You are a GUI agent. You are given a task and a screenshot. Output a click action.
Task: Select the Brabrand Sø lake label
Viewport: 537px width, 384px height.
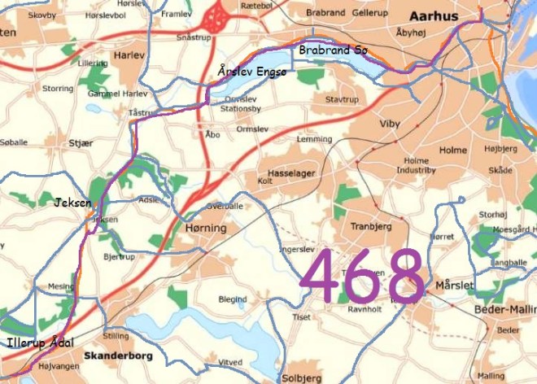click(334, 51)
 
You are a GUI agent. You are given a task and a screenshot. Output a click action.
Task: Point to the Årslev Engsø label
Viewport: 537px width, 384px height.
click(252, 73)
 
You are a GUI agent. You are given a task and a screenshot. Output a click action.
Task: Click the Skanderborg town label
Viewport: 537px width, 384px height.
click(117, 356)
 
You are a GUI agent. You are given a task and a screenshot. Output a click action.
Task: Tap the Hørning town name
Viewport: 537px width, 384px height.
click(206, 229)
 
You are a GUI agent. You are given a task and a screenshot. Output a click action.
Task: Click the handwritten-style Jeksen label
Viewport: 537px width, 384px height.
click(72, 203)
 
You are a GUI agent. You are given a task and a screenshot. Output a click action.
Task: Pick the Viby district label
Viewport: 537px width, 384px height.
click(391, 124)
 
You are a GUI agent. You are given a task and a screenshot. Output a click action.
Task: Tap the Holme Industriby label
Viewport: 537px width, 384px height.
click(417, 166)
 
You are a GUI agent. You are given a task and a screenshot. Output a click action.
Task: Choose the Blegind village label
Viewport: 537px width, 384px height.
click(233, 299)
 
